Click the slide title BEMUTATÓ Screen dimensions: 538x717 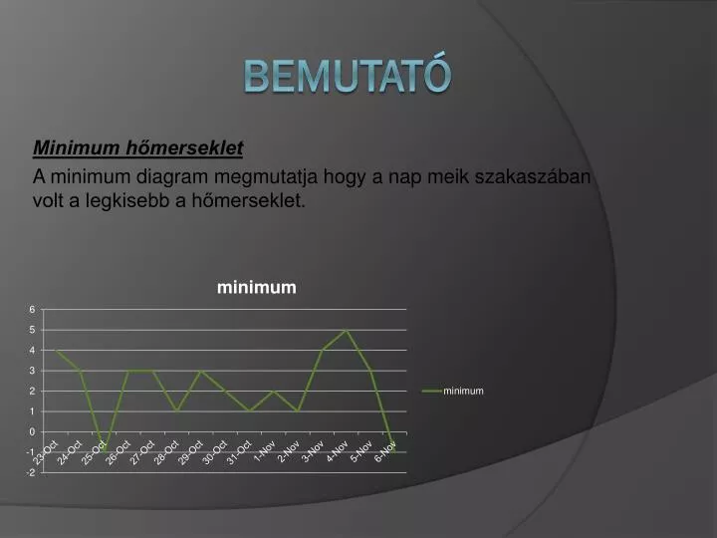click(348, 76)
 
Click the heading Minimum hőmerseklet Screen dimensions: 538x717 click(138, 148)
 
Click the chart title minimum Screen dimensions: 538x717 click(257, 287)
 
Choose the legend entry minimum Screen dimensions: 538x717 click(463, 391)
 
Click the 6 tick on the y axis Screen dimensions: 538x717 click(33, 309)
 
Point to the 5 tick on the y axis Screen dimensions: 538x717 click(33, 330)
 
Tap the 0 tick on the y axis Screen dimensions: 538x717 click(33, 431)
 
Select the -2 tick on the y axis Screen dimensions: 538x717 click(31, 472)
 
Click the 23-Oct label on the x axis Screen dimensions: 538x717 click(46, 454)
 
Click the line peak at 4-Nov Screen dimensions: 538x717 click(347, 330)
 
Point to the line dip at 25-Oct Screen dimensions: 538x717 click(103, 450)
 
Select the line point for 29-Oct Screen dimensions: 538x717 click(201, 371)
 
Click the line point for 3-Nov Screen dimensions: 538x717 click(323, 350)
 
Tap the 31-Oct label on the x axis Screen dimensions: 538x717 click(240, 454)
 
